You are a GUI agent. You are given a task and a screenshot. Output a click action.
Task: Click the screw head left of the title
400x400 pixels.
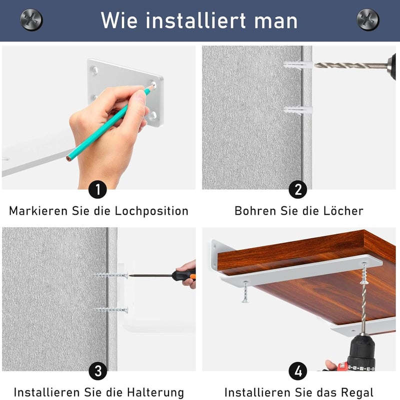[31, 20]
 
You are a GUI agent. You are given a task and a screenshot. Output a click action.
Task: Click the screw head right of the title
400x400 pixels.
[368, 20]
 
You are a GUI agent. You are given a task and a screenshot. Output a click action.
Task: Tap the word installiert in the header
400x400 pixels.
[196, 21]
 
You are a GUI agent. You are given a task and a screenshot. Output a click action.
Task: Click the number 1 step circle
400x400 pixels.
[97, 189]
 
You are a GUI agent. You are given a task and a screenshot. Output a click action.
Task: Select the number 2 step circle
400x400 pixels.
[298, 189]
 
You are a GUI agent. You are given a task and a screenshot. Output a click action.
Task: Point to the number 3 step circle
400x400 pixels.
[98, 371]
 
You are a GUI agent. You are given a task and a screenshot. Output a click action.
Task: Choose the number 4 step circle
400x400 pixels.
[298, 371]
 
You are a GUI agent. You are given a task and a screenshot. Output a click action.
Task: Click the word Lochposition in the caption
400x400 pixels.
[151, 211]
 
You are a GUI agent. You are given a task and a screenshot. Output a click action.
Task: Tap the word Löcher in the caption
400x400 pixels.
[343, 211]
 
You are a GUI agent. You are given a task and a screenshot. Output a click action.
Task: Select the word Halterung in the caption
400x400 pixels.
[155, 392]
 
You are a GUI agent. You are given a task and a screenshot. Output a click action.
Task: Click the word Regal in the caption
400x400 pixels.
[357, 392]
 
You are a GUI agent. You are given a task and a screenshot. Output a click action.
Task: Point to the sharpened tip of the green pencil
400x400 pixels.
[153, 86]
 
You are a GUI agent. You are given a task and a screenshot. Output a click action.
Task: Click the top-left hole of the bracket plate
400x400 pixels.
[94, 70]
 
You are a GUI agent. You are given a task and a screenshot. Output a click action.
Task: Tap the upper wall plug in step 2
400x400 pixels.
[298, 65]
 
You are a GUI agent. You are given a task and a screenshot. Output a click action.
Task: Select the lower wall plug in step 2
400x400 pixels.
[298, 110]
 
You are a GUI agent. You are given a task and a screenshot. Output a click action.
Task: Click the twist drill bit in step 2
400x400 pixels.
[351, 66]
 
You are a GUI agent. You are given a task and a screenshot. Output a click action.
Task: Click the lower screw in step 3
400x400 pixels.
[111, 310]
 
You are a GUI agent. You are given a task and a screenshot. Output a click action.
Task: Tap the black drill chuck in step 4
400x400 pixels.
[361, 352]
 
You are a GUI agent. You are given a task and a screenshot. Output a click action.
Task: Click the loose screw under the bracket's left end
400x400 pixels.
[245, 292]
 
